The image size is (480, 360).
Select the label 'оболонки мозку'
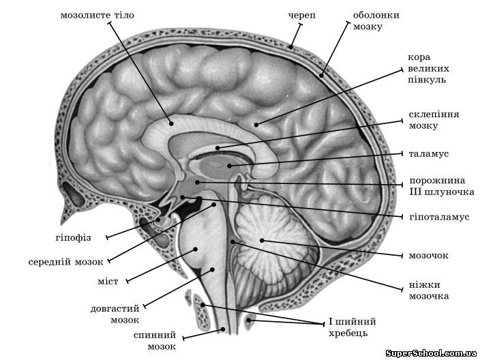click(x=376, y=20)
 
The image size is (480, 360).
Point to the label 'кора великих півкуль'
click(x=427, y=69)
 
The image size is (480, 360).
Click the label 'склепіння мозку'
click(x=433, y=120)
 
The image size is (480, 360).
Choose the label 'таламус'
click(x=430, y=154)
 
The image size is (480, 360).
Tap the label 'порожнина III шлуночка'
click(x=437, y=187)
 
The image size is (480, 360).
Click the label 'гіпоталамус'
click(x=441, y=217)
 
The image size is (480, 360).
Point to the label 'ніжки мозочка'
click(x=428, y=291)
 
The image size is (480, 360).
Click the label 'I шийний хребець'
click(x=352, y=327)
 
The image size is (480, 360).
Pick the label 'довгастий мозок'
click(x=115, y=313)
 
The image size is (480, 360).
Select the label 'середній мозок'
click(x=65, y=261)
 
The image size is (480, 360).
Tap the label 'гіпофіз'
click(x=73, y=238)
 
